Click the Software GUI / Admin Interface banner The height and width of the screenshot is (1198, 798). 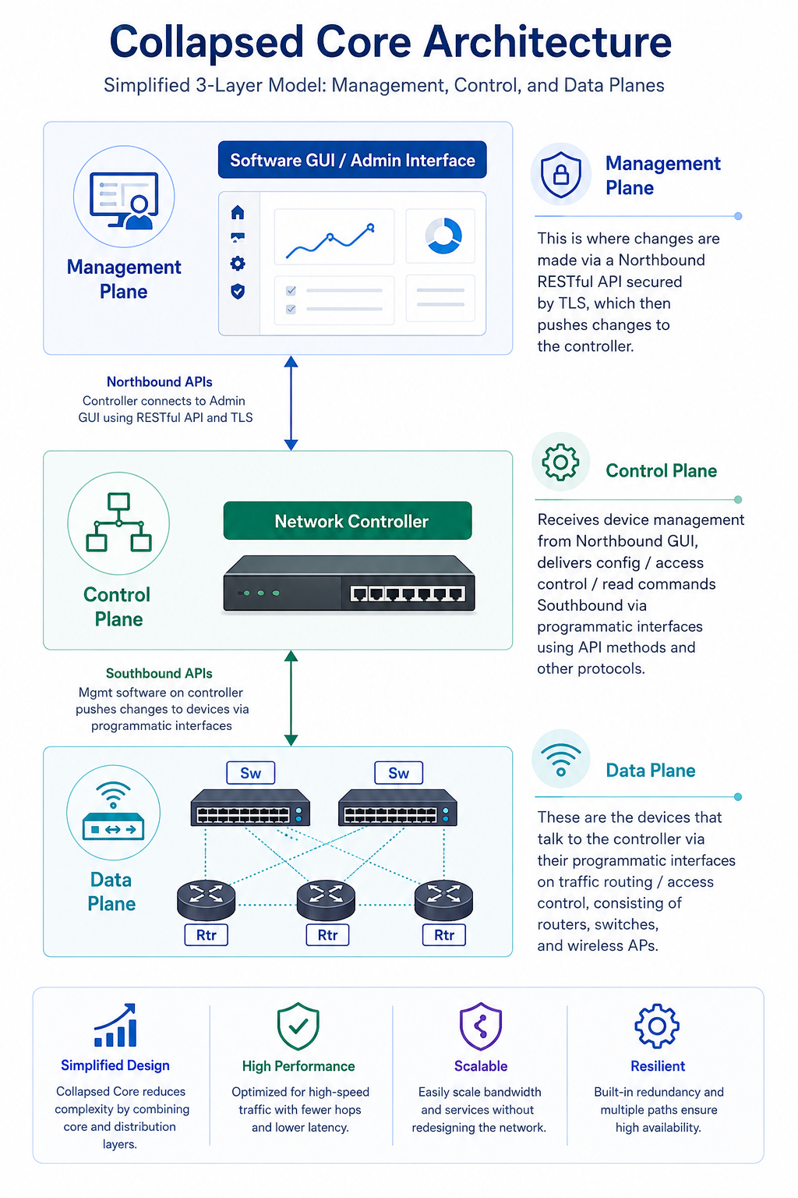pyautogui.click(x=352, y=159)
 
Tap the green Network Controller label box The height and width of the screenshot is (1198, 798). pyautogui.click(x=348, y=520)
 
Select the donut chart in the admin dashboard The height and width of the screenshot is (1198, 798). pyautogui.click(x=443, y=236)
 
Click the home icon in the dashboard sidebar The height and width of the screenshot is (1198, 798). pyautogui.click(x=238, y=212)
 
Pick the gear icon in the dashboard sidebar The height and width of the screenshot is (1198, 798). pyautogui.click(x=238, y=263)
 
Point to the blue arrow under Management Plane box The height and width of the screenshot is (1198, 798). pyautogui.click(x=291, y=403)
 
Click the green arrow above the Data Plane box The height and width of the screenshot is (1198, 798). pyautogui.click(x=291, y=698)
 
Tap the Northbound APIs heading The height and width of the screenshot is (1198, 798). pyautogui.click(x=159, y=382)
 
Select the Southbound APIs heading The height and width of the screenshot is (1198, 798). pyautogui.click(x=159, y=673)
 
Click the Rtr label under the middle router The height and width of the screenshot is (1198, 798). pyautogui.click(x=327, y=935)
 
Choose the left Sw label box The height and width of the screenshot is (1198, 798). pyautogui.click(x=251, y=773)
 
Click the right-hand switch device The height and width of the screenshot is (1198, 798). pyautogui.click(x=397, y=807)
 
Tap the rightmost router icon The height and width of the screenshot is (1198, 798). pyautogui.click(x=443, y=899)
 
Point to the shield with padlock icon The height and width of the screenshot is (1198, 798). pyautogui.click(x=560, y=175)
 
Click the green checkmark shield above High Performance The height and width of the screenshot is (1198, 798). pyautogui.click(x=298, y=1026)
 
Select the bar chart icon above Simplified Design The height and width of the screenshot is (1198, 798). pyautogui.click(x=115, y=1025)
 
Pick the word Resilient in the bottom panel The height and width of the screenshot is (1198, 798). pyautogui.click(x=658, y=1066)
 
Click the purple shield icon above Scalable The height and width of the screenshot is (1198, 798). pyautogui.click(x=481, y=1026)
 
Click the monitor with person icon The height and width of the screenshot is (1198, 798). pyautogui.click(x=124, y=200)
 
